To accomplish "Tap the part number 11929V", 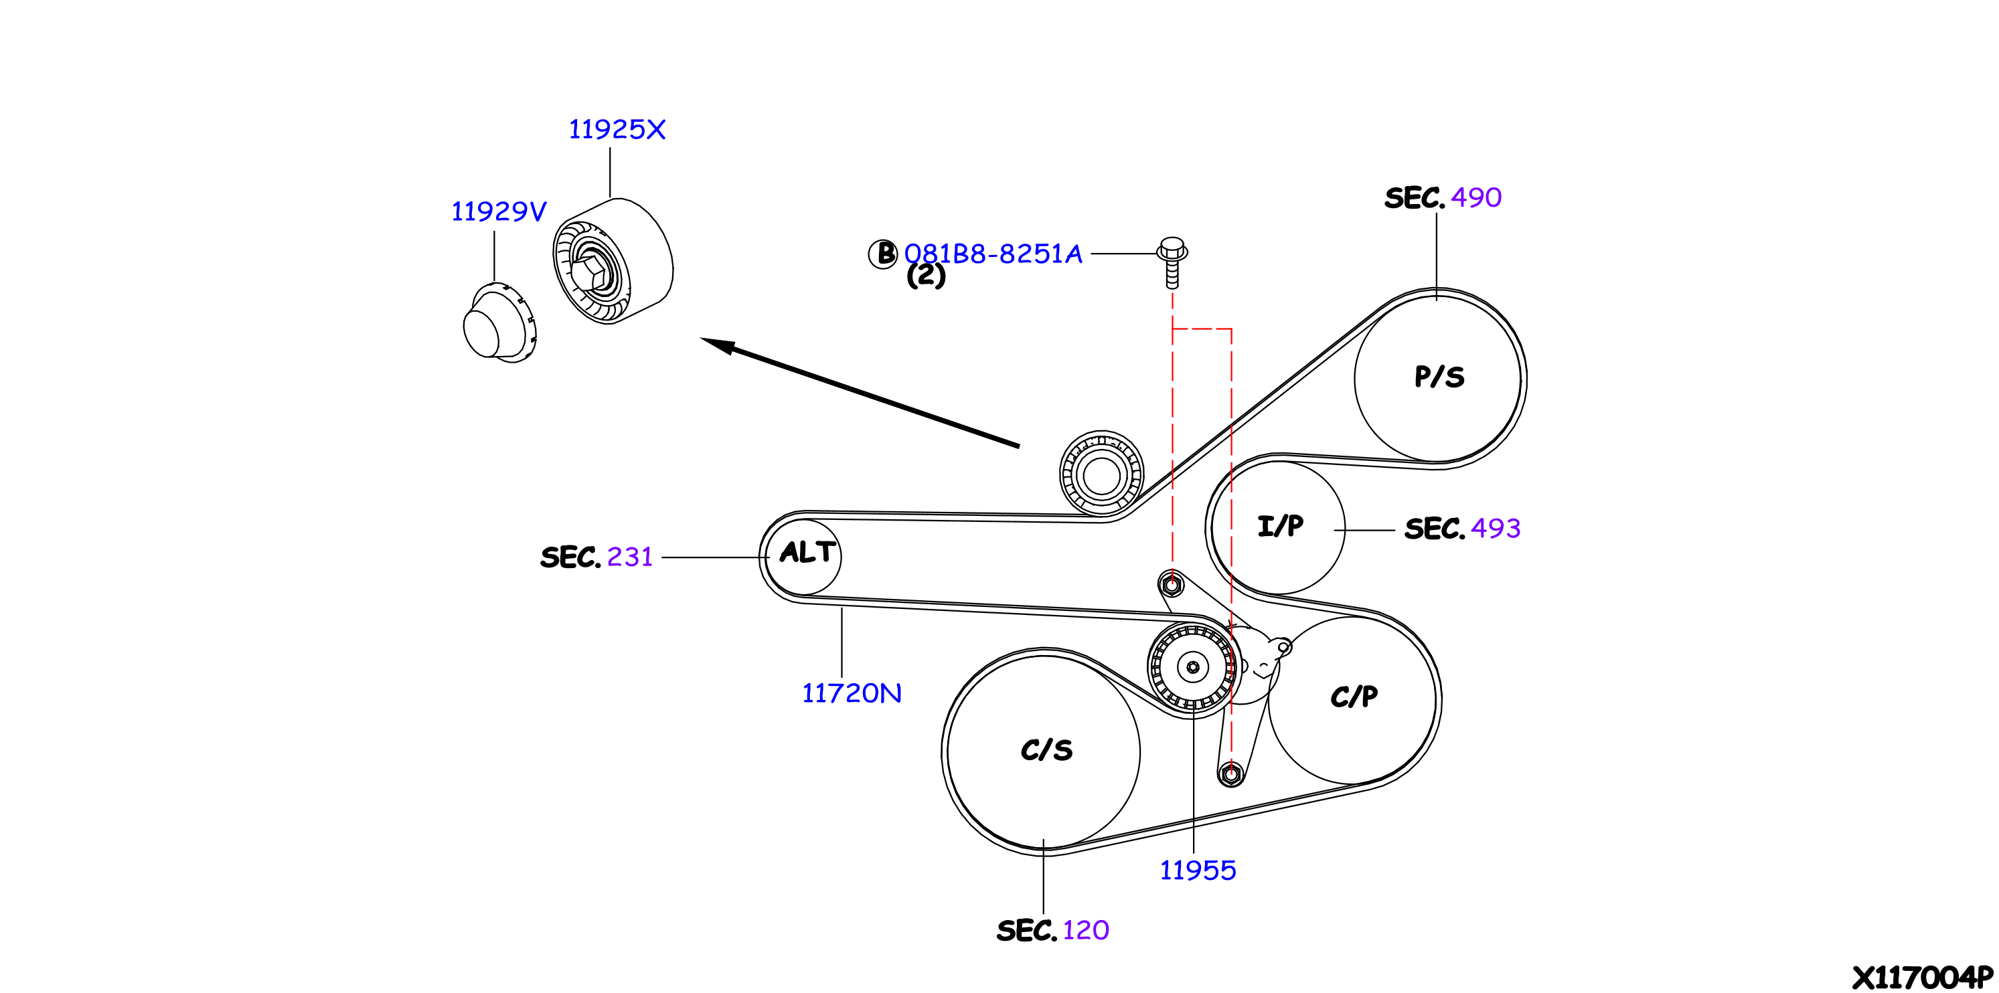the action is [498, 211].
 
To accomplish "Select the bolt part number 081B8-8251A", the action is [993, 254].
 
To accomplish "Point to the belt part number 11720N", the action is [852, 693].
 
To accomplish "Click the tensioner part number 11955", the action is [1198, 870].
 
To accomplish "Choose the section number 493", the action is [1496, 529].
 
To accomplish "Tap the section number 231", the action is [629, 557].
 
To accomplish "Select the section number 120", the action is [1086, 929].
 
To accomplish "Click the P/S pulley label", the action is [1439, 377].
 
